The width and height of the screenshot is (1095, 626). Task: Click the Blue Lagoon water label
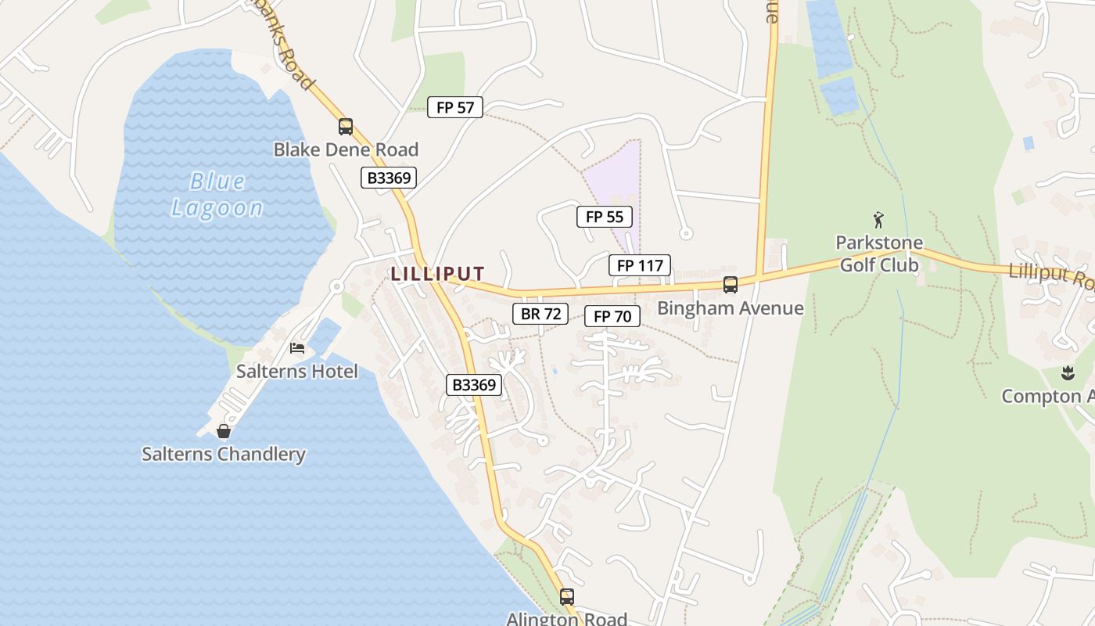217,195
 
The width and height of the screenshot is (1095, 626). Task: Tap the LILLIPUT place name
438,274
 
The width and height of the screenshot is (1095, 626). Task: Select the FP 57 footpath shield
455,107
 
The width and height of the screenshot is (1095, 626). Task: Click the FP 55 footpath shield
604,217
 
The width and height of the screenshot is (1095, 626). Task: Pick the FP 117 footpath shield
640,265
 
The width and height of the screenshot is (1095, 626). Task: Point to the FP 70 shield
612,316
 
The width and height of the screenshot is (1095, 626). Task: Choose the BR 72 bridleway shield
540,314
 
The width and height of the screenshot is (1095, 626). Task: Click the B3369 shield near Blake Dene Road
389,178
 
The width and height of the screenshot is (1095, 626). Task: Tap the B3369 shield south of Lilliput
474,384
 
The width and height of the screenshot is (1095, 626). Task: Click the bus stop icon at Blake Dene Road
346,126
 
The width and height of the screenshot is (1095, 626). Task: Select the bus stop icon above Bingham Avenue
730,285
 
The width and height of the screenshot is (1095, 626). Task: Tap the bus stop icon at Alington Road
567,597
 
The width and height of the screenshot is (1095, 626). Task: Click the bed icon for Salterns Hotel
297,348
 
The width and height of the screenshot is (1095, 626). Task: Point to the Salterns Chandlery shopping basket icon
224,431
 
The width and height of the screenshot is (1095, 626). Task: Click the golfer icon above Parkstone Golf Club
878,220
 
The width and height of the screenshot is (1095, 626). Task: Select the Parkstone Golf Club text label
879,254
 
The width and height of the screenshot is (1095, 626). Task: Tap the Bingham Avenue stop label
730,308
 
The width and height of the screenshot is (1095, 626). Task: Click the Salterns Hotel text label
297,371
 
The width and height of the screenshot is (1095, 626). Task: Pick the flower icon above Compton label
1068,373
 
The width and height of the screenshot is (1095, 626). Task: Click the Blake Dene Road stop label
346,149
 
